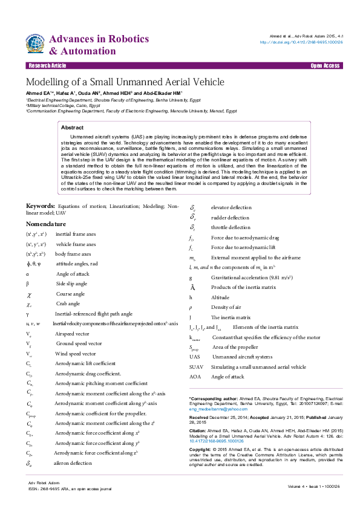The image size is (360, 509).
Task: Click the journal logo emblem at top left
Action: coord(36,44)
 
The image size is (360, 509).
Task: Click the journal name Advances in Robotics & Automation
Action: coord(99,45)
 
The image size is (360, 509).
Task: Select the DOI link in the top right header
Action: coord(301,42)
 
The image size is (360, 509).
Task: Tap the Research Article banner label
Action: coord(47,65)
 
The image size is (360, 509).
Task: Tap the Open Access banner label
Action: coord(325,65)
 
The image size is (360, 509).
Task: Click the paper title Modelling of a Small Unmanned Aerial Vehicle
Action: coord(125,82)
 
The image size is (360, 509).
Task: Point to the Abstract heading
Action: coord(73,128)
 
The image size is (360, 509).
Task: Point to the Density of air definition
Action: coord(226,307)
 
